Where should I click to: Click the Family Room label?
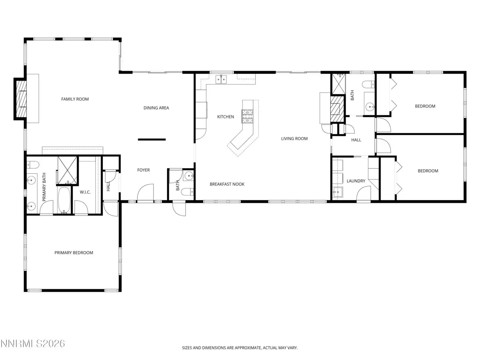click(x=75, y=99)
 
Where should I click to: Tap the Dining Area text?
click(x=156, y=108)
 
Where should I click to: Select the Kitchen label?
click(x=226, y=117)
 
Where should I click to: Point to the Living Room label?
click(x=294, y=139)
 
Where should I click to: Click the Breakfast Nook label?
click(x=227, y=184)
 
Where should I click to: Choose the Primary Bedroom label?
click(x=74, y=253)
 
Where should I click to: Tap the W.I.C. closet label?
click(x=85, y=192)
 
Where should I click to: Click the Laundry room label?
click(x=356, y=181)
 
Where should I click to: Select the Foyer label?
click(x=143, y=170)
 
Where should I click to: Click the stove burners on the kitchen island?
click(x=247, y=116)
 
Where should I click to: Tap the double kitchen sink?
click(x=221, y=79)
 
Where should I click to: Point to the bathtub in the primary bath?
click(x=64, y=200)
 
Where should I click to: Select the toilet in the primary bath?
click(x=33, y=165)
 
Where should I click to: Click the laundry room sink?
click(x=337, y=192)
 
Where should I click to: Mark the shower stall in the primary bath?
click(x=67, y=170)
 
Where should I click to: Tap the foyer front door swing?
click(x=145, y=192)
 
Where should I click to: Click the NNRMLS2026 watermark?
click(x=33, y=344)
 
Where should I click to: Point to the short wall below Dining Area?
click(x=152, y=139)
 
